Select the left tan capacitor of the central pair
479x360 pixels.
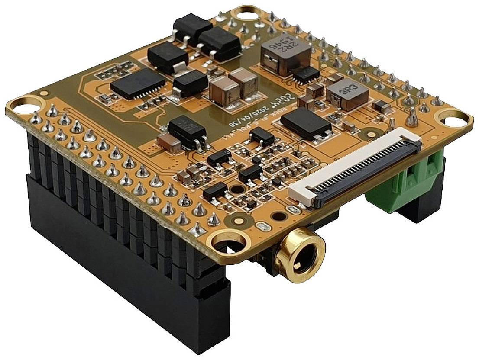[224, 92]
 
